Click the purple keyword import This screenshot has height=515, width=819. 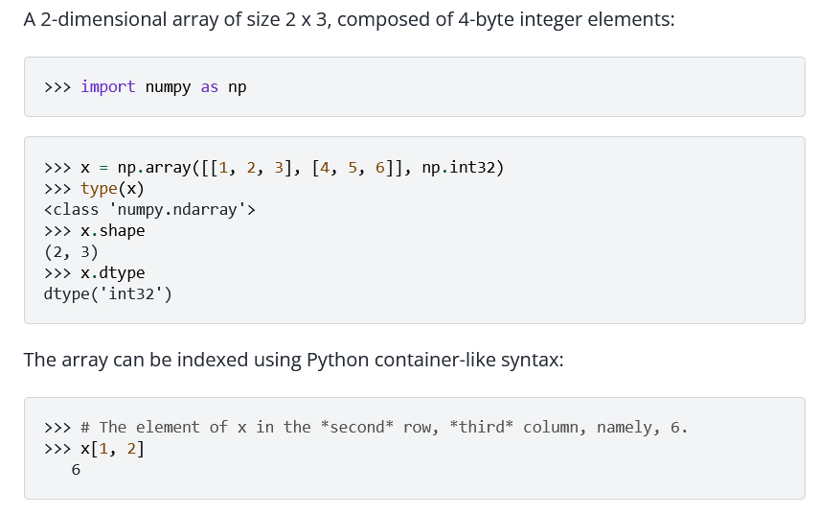108,86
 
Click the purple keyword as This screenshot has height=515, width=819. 210,86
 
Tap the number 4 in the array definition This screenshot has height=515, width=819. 325,168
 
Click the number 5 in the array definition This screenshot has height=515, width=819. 353,168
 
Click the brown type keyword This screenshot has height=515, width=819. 100,189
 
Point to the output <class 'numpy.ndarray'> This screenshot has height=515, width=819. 149,210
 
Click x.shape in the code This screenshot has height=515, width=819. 113,231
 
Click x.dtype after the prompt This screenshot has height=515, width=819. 113,273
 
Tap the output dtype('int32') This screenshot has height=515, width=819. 108,293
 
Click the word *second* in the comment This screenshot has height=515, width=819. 356,427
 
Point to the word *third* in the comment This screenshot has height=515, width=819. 482,427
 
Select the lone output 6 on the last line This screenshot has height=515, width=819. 76,470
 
